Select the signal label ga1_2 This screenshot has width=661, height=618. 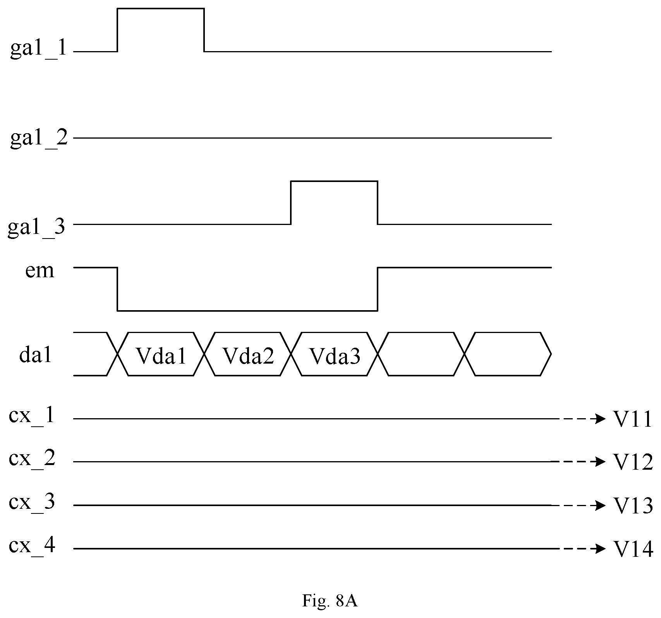(38, 138)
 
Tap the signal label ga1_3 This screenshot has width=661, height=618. (36, 227)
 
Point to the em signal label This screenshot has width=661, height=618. (39, 271)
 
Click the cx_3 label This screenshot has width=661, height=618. (32, 503)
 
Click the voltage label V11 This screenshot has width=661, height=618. (633, 419)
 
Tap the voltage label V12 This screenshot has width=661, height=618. (633, 462)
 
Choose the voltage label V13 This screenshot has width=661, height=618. (633, 506)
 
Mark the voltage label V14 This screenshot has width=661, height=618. (633, 549)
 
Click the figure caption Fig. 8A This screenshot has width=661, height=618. (330, 601)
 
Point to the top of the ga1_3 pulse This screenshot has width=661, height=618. (334, 181)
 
